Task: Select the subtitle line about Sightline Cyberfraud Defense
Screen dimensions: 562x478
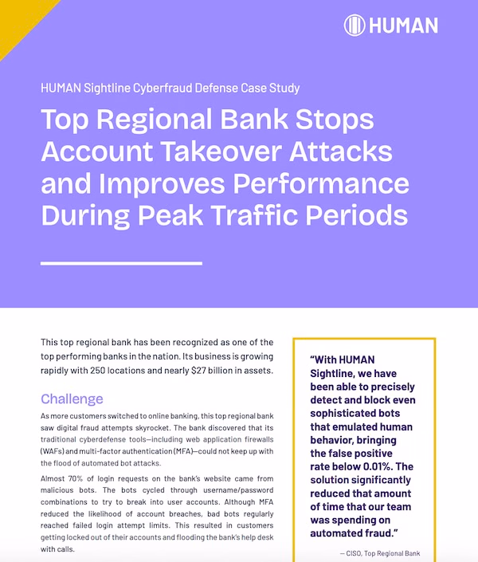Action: pos(170,88)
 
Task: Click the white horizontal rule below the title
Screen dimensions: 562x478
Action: pos(121,262)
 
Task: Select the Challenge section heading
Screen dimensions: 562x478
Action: pos(72,399)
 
